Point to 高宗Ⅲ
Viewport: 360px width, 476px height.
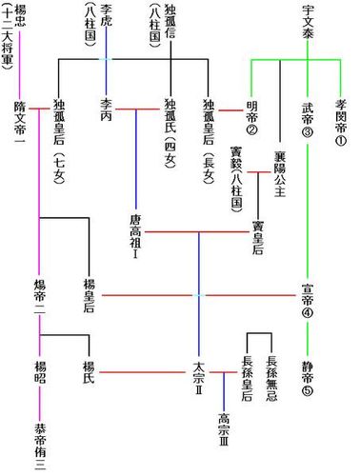[224, 434]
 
